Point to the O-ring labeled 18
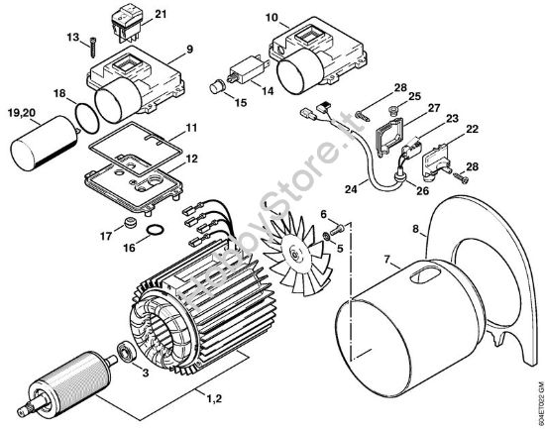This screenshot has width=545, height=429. pos(85,115)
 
